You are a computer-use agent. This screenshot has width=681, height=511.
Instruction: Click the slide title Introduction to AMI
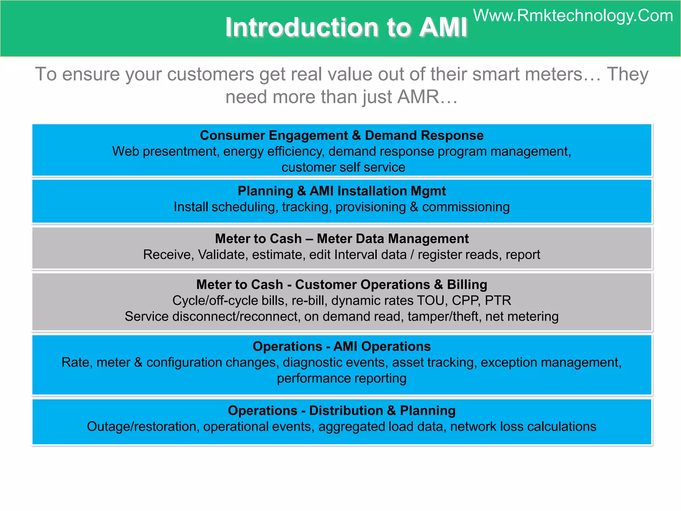click(x=346, y=27)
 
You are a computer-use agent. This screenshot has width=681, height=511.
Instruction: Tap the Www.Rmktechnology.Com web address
click(x=573, y=16)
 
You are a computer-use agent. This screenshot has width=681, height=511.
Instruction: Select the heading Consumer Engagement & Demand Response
click(x=341, y=135)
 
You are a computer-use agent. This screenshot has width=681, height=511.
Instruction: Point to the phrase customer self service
click(x=343, y=167)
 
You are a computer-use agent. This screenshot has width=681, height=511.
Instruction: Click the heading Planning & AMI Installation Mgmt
click(x=341, y=191)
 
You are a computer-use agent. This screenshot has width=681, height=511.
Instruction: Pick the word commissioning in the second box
click(x=466, y=207)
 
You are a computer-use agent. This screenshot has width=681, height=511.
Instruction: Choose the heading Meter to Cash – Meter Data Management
click(x=341, y=239)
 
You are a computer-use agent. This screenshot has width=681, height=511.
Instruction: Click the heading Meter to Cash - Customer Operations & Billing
click(x=341, y=284)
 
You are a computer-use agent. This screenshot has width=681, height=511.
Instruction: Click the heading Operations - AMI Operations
click(x=341, y=346)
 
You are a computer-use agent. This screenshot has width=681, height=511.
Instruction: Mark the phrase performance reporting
click(x=341, y=378)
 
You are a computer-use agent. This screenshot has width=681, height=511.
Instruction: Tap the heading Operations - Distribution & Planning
click(x=341, y=411)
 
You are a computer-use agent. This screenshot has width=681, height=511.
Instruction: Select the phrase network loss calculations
click(x=523, y=426)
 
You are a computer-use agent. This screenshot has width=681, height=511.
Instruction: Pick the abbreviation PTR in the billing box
click(x=498, y=300)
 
